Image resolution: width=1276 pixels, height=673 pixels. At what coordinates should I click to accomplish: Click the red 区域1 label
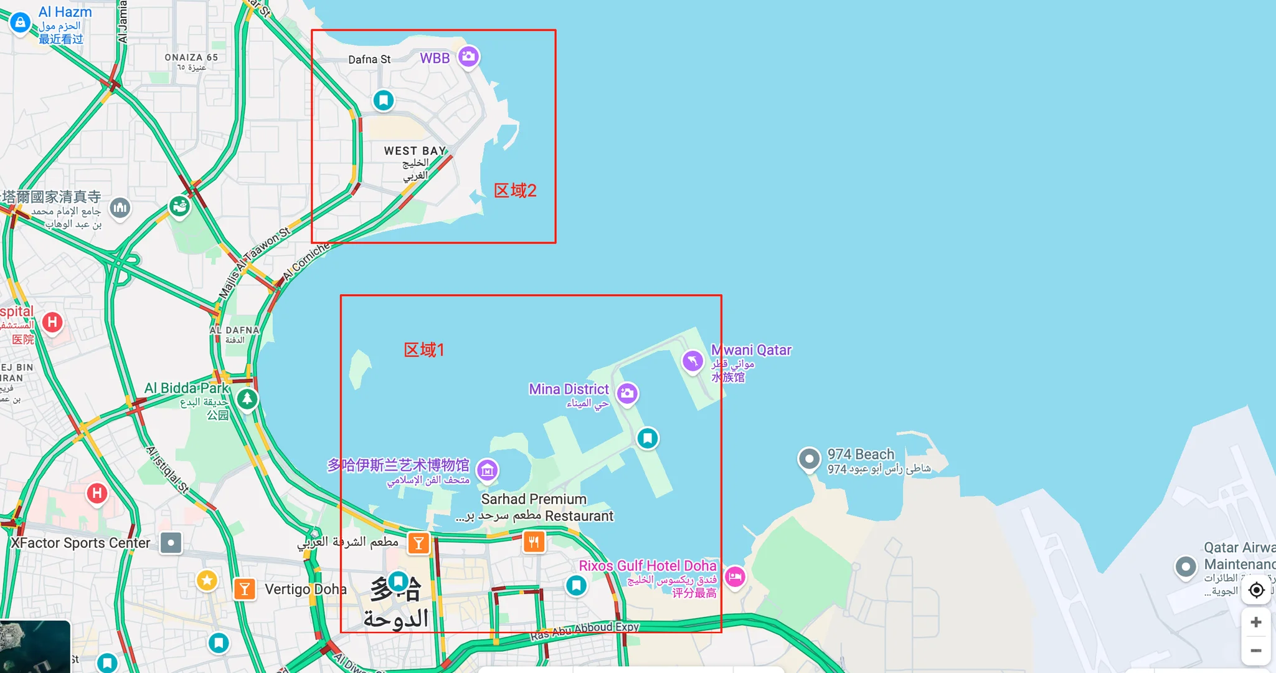423,350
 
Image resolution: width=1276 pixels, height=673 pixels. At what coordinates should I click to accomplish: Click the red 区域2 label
515,191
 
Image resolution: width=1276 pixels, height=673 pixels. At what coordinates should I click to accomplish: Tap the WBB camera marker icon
468,57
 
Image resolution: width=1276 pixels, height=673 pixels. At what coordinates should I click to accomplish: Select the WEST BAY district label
415,151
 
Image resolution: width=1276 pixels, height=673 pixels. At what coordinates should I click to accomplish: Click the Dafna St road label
369,60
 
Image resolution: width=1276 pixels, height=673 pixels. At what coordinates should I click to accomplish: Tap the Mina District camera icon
627,393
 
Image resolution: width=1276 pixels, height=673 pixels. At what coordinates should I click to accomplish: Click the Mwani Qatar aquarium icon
692,361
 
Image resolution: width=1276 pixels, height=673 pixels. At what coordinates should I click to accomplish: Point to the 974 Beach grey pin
809,459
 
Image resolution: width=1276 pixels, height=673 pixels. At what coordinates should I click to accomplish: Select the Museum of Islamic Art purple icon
487,470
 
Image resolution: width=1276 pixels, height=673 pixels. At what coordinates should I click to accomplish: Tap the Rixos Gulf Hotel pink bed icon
735,576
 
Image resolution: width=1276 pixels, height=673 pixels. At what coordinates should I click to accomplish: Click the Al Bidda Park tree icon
247,398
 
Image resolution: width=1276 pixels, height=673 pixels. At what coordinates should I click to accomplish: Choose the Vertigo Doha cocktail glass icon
245,588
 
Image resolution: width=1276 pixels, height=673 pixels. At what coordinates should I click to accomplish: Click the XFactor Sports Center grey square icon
171,543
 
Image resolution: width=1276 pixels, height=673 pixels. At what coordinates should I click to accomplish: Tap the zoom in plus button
1256,622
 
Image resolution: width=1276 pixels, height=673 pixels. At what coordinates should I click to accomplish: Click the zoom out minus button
1256,651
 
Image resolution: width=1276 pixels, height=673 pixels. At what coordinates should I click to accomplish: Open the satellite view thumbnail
35,647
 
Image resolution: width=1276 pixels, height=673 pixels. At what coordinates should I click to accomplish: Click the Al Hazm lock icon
20,22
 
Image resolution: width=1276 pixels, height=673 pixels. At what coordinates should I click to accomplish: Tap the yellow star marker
207,581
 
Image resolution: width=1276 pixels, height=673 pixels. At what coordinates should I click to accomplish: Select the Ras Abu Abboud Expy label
584,630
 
